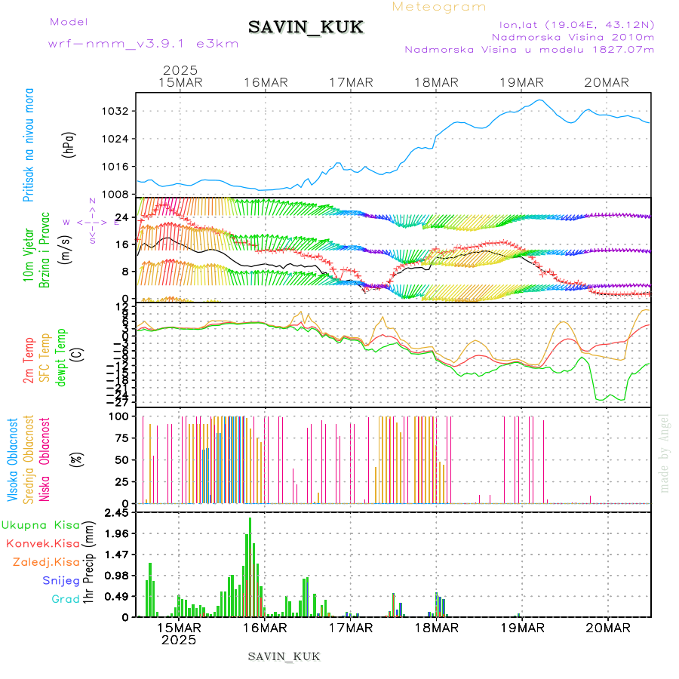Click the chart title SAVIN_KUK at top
pyautogui.click(x=306, y=28)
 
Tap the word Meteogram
pyautogui.click(x=440, y=7)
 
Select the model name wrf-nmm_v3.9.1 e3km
pyautogui.click(x=143, y=43)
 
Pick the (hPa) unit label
pyautogui.click(x=69, y=143)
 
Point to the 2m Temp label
pyautogui.click(x=29, y=361)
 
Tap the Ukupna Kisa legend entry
pyautogui.click(x=41, y=524)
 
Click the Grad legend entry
pyautogui.click(x=66, y=599)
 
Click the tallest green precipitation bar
pyautogui.click(x=250, y=566)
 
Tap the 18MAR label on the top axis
pyautogui.click(x=437, y=82)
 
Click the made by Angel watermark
pyautogui.click(x=665, y=453)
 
